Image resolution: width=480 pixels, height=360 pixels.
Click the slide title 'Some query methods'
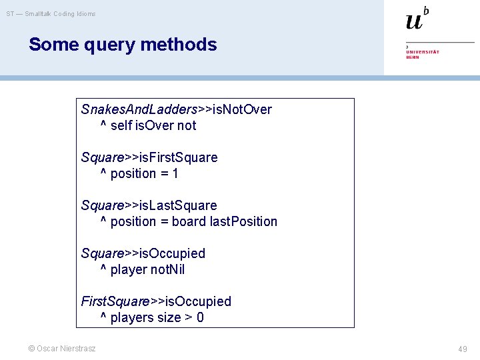point(123,45)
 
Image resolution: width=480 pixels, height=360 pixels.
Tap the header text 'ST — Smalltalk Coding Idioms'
point(51,13)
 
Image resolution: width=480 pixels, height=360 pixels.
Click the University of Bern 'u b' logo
point(417,19)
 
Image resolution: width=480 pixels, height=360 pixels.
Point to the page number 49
point(463,349)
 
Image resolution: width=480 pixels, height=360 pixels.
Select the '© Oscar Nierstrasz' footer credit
point(61,349)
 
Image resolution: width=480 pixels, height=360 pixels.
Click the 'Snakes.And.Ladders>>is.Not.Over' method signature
point(176,109)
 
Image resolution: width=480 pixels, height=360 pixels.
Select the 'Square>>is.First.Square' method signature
point(149,157)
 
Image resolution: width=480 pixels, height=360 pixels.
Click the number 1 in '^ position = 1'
point(175,173)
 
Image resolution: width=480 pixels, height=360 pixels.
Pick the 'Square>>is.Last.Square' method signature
point(149,205)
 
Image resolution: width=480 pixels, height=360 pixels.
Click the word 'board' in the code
point(189,221)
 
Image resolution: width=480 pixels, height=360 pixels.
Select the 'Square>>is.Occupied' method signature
point(143,253)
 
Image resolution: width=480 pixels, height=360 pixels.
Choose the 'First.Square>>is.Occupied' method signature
point(156,301)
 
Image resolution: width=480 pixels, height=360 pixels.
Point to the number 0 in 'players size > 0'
point(200,317)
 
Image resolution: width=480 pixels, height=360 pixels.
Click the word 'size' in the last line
point(167,317)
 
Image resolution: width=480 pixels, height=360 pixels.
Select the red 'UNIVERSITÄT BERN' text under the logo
point(423,54)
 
